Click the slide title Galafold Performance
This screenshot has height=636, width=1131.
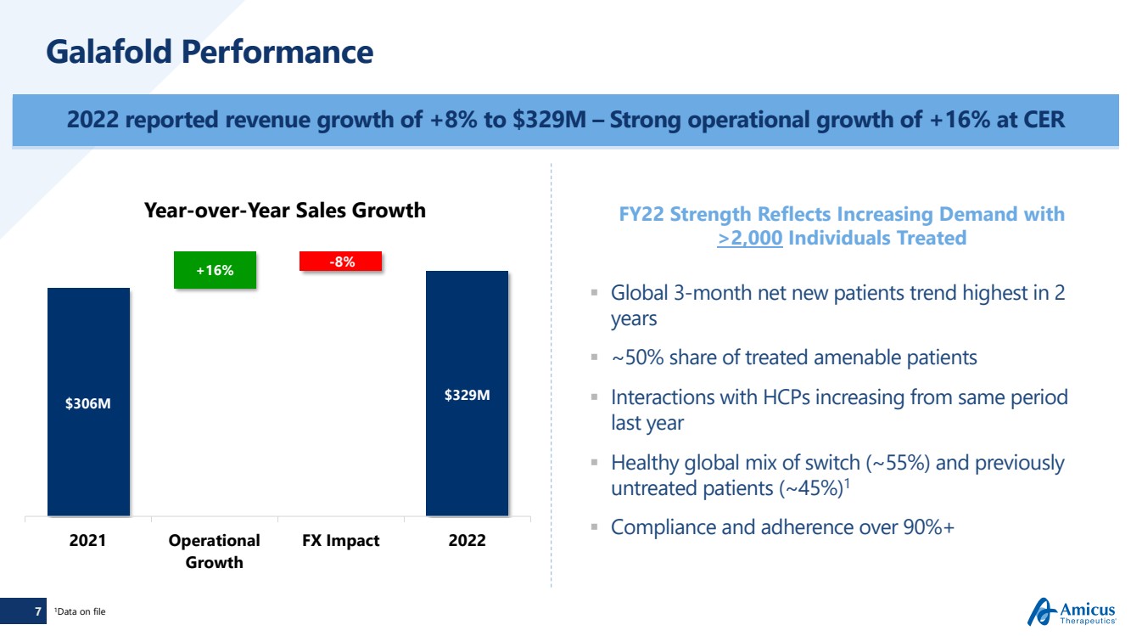(210, 53)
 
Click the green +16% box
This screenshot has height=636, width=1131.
(215, 270)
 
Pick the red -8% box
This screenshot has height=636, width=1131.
(341, 262)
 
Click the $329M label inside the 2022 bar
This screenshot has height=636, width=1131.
(467, 395)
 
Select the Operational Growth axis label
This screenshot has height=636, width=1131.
(215, 551)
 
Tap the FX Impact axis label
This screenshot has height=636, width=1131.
(341, 541)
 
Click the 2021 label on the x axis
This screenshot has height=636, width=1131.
(88, 541)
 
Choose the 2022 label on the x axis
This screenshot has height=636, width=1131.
(467, 541)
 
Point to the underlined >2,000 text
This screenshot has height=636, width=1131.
(750, 239)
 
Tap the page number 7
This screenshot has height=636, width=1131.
(37, 611)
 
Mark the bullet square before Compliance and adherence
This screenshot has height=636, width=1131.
(595, 527)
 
